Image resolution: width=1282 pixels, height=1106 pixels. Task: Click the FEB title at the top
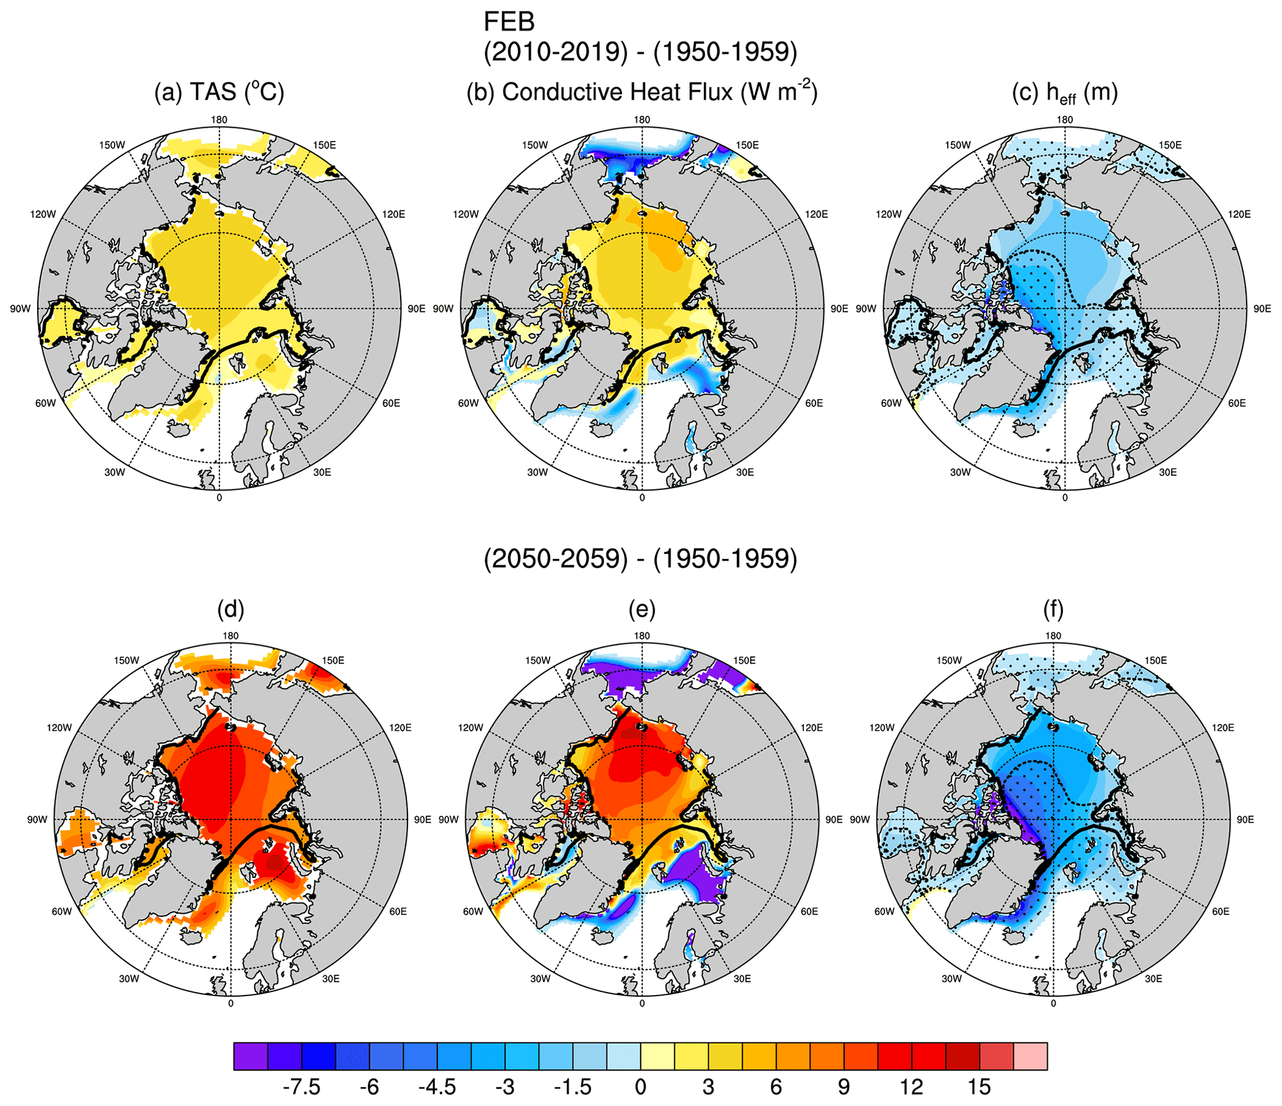pos(509,22)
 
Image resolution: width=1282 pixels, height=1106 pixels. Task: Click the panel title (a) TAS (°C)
pos(219,92)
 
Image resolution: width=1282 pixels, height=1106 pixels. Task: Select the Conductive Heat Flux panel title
pos(641,92)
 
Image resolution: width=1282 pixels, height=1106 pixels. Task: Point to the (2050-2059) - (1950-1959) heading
pos(640,558)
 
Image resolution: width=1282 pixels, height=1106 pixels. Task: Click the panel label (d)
pos(231,609)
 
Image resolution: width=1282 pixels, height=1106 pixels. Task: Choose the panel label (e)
pos(642,609)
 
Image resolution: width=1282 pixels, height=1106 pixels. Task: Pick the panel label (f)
pos(1053,609)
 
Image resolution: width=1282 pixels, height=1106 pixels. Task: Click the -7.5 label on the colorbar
pos(301,1087)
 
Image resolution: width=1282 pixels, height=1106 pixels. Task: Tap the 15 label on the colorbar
pos(979,1087)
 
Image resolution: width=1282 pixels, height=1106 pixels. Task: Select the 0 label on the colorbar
pos(641,1087)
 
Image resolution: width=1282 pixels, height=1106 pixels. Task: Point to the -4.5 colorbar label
pos(437,1087)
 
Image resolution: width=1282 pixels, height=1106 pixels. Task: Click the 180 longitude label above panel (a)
pos(219,120)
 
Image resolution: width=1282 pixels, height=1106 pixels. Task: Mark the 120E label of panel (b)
pos(816,215)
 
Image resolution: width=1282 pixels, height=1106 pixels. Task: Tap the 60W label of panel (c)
pos(891,403)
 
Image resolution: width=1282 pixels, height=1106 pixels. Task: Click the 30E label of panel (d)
pos(331,979)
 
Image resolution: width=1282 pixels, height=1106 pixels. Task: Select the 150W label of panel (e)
pos(538,661)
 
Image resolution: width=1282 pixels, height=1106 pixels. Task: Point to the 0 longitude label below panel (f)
pos(1053,1003)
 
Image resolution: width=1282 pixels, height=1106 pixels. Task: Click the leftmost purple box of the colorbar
pos(251,1056)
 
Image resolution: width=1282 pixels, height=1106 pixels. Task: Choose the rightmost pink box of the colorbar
pos(1030,1056)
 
